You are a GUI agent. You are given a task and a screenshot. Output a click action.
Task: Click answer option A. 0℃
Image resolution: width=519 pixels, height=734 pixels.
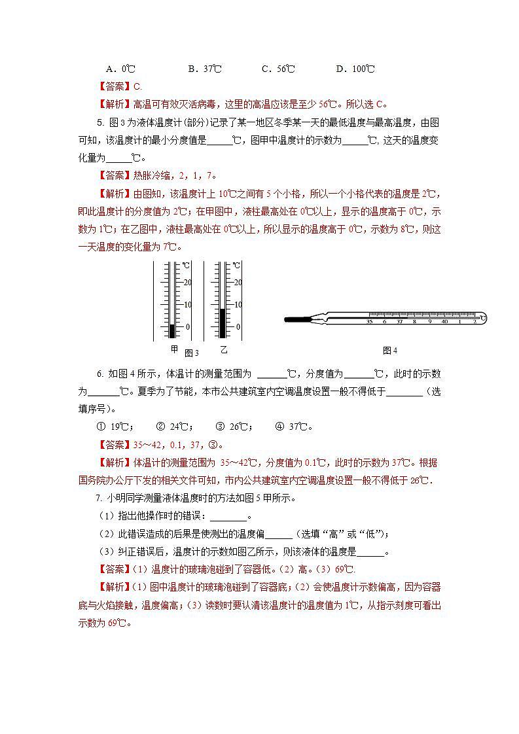pos(120,69)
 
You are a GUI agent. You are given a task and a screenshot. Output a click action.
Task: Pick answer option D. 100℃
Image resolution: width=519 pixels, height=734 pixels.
pos(355,69)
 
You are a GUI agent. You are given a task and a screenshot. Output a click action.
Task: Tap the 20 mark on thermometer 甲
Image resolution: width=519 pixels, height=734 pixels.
pos(187,283)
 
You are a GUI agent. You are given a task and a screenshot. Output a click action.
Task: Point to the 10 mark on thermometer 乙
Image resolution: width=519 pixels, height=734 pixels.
pos(238,305)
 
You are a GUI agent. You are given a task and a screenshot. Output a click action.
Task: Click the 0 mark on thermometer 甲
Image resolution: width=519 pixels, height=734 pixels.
pos(188,326)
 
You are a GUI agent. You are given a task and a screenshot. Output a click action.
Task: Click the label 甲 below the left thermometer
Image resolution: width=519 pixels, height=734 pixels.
pos(173,349)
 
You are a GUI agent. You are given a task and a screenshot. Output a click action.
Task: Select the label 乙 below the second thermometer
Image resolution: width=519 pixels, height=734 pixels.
pos(223,349)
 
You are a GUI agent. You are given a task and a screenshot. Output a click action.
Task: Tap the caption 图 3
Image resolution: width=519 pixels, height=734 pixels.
pos(191,353)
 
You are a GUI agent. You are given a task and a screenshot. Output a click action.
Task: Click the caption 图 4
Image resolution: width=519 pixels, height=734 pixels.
pos(390,351)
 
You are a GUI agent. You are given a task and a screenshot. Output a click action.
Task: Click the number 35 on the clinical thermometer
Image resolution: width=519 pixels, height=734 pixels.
pos(370,322)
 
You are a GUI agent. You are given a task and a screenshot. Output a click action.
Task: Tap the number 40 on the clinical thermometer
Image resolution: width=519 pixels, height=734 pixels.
pos(444,322)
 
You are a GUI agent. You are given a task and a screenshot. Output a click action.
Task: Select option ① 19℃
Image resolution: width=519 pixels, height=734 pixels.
pos(115,427)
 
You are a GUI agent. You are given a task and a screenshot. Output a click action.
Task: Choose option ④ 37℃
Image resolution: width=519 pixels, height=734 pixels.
pos(293,427)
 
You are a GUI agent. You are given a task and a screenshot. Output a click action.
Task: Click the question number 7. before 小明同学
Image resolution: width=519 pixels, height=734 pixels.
pos(100,498)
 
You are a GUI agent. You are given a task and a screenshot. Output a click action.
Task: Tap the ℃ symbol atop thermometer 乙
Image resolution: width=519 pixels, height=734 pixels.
pos(237,266)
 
